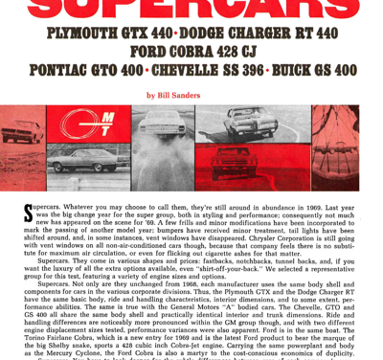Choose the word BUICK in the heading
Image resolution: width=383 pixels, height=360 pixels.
click(x=306, y=70)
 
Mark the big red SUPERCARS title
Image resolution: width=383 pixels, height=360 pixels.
click(x=191, y=9)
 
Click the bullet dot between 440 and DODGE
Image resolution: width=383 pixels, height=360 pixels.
click(x=179, y=34)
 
